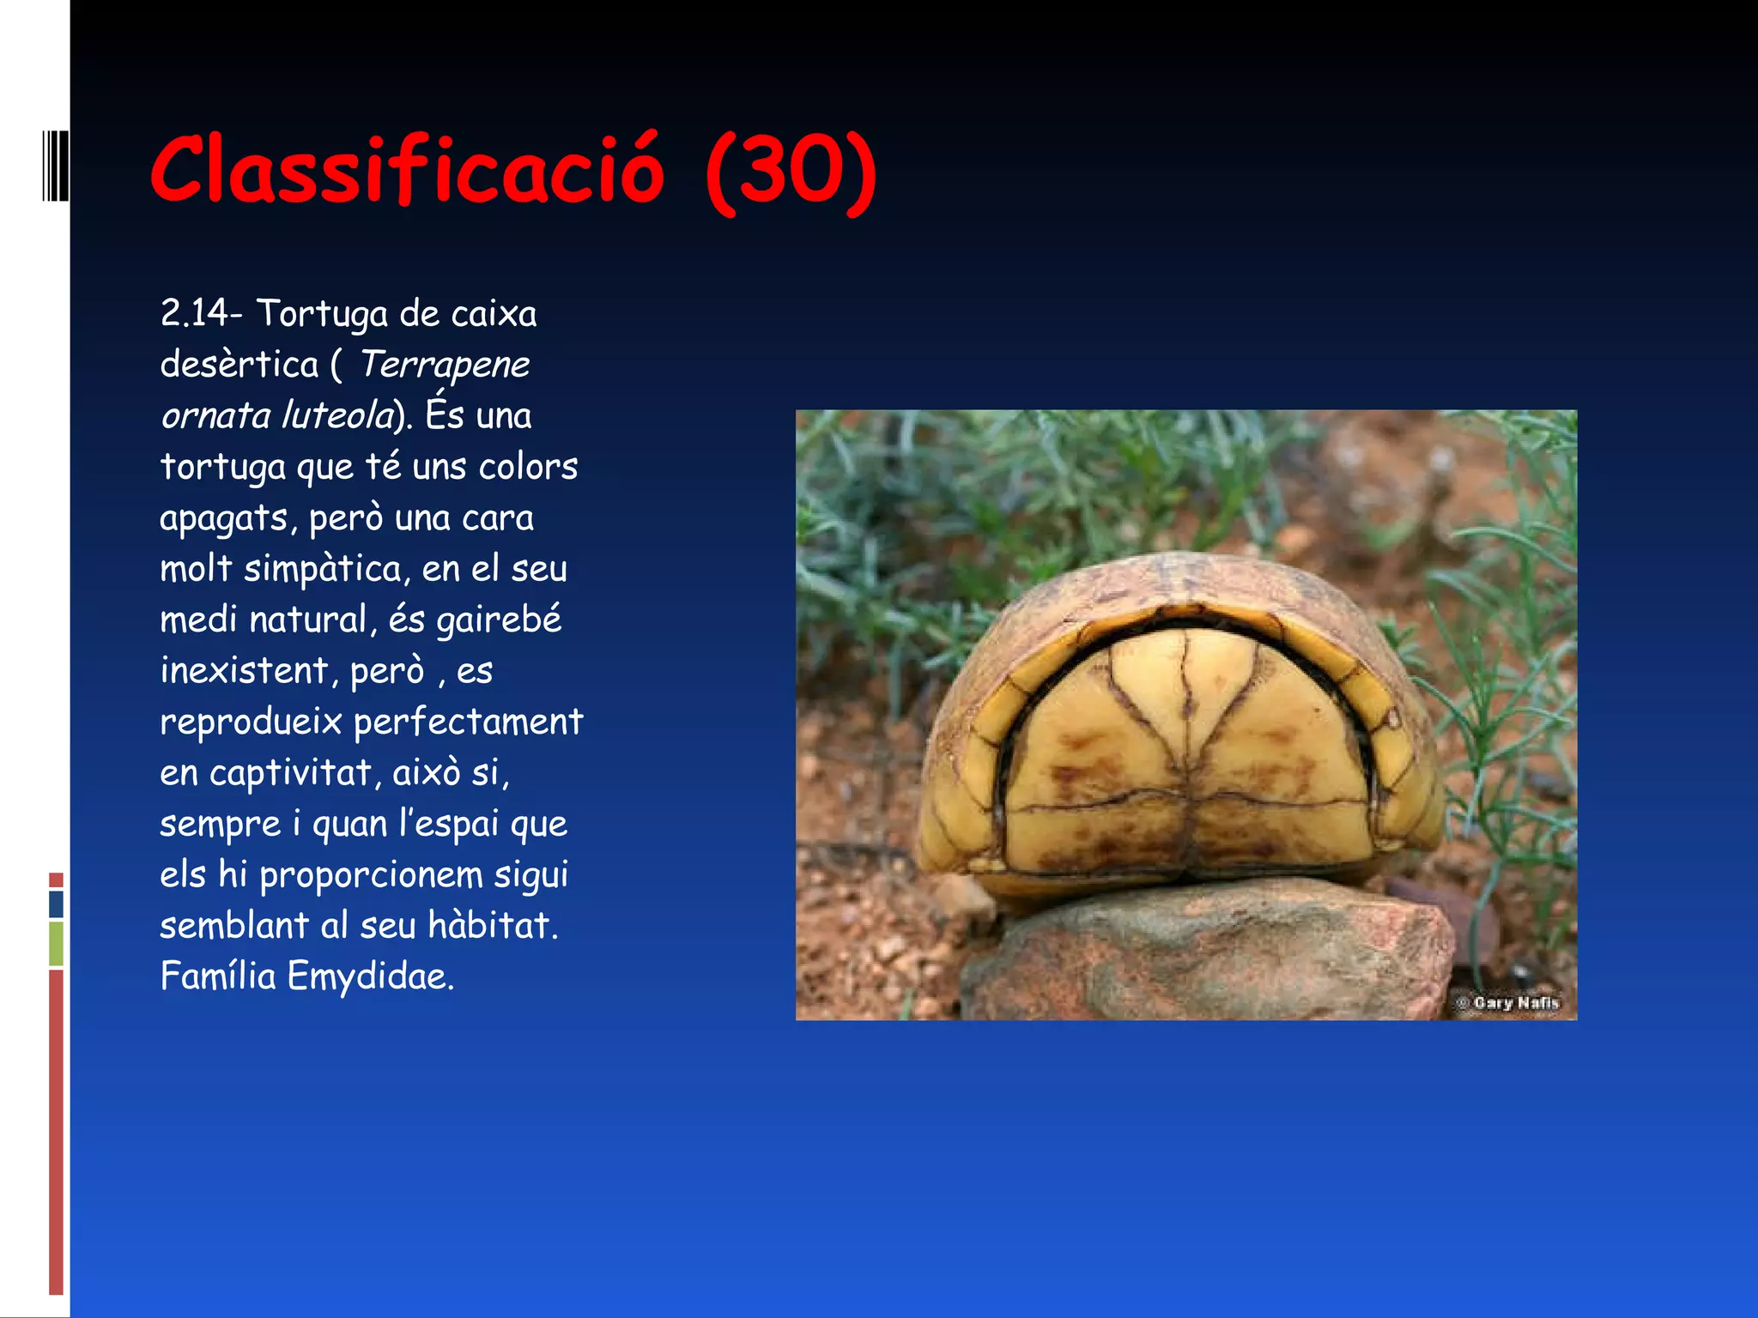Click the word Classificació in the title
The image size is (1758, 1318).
(x=408, y=169)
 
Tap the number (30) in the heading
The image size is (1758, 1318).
(x=791, y=171)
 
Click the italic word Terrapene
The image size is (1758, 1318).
(x=444, y=365)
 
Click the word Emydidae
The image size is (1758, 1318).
(x=370, y=976)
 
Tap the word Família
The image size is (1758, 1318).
(x=218, y=976)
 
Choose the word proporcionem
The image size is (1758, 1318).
(x=371, y=875)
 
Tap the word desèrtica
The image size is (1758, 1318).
(x=239, y=365)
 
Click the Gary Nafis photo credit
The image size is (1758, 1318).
(x=1508, y=1002)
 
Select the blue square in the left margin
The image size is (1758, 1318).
(x=56, y=904)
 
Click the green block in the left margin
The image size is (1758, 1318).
(x=56, y=943)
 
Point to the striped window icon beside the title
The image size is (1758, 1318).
(x=55, y=166)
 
